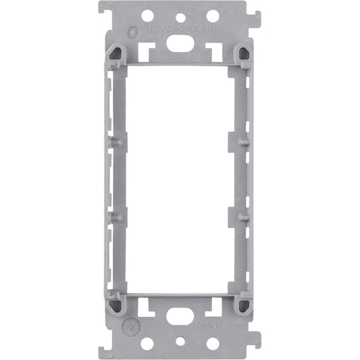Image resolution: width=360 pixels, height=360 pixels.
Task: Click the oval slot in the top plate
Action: click(180, 41)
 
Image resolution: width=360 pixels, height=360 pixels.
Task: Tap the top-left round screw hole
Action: click(147, 16)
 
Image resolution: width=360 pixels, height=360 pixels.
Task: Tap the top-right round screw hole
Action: click(212, 16)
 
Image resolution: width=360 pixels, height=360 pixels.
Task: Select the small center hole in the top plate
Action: click(180, 18)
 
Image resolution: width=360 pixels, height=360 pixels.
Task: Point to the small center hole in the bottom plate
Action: click(180, 342)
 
